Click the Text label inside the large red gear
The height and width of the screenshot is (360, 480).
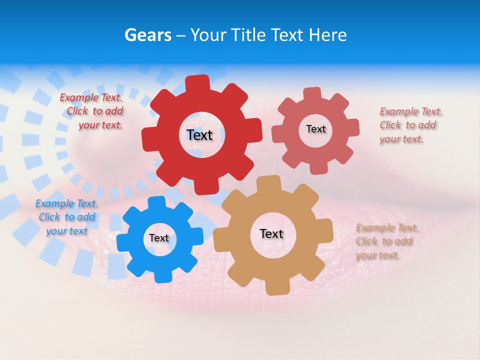(x=199, y=135)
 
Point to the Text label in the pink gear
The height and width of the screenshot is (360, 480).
(x=315, y=129)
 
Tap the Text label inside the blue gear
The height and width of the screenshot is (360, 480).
(x=159, y=238)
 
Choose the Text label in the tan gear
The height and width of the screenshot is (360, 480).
(x=271, y=233)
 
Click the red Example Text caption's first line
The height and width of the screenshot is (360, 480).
(x=91, y=97)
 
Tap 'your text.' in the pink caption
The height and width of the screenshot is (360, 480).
(x=401, y=139)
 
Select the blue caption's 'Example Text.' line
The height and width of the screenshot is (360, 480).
(x=66, y=203)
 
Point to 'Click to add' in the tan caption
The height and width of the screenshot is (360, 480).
(x=384, y=241)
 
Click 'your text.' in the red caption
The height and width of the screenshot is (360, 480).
(x=100, y=125)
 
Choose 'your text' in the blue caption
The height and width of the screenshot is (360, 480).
(x=66, y=231)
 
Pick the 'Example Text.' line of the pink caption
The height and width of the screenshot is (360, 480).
(x=411, y=111)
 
